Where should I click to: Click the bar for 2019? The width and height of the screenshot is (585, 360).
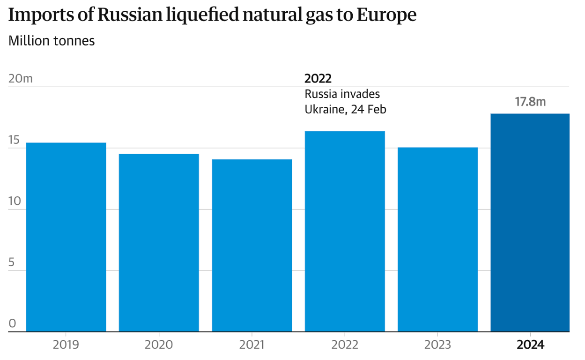click(66, 237)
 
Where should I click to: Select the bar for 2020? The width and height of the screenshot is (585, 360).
click(159, 242)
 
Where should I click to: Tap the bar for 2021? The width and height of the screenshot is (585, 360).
click(252, 245)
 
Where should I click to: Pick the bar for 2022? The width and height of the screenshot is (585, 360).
click(345, 231)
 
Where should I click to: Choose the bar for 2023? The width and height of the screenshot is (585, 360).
click(437, 239)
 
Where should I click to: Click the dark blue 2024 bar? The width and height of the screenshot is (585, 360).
click(530, 223)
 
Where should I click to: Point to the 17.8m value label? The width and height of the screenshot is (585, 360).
click(530, 102)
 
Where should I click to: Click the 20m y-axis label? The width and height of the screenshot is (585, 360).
click(21, 78)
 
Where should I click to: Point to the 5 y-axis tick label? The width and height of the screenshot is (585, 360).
click(12, 262)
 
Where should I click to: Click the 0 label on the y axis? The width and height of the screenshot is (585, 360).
click(12, 323)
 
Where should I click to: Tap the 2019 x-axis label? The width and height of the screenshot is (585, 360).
click(66, 345)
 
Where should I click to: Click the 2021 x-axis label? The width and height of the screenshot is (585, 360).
click(252, 345)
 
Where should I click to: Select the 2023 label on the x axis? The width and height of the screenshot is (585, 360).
click(437, 345)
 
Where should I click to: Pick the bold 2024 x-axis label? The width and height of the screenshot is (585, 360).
click(530, 345)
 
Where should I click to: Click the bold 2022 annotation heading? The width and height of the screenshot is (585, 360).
click(318, 78)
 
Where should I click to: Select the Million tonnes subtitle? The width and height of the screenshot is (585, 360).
click(52, 41)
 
